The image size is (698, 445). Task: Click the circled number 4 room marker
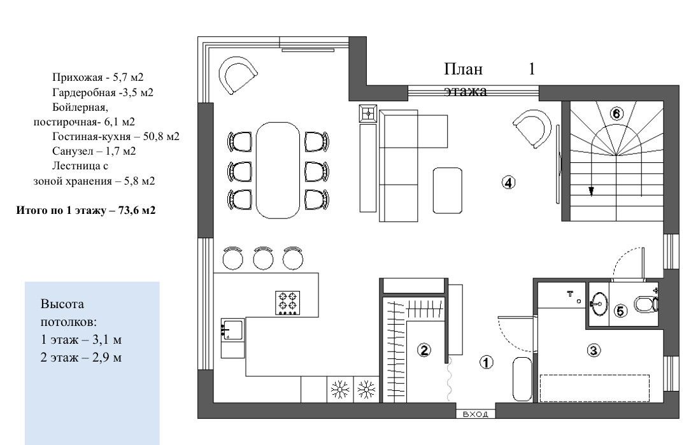(508, 182)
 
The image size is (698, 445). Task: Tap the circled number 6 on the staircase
(616, 115)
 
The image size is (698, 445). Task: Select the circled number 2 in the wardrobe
(424, 350)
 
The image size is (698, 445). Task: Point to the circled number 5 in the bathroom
(620, 311)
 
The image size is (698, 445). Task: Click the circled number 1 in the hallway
(486, 362)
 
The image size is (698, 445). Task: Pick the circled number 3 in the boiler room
(594, 351)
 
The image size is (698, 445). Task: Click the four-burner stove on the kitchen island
(288, 303)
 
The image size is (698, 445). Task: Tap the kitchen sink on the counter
(232, 330)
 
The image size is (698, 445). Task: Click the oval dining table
(278, 171)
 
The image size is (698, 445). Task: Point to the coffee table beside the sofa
(447, 190)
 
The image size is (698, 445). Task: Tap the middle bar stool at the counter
(262, 258)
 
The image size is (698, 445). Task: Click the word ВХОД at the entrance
(476, 414)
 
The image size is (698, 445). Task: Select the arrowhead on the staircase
(591, 192)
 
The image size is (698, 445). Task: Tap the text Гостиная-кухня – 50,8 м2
(116, 137)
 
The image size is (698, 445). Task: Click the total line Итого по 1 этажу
(86, 211)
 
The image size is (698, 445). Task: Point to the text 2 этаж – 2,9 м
(81, 357)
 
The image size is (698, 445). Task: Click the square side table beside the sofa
(368, 113)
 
